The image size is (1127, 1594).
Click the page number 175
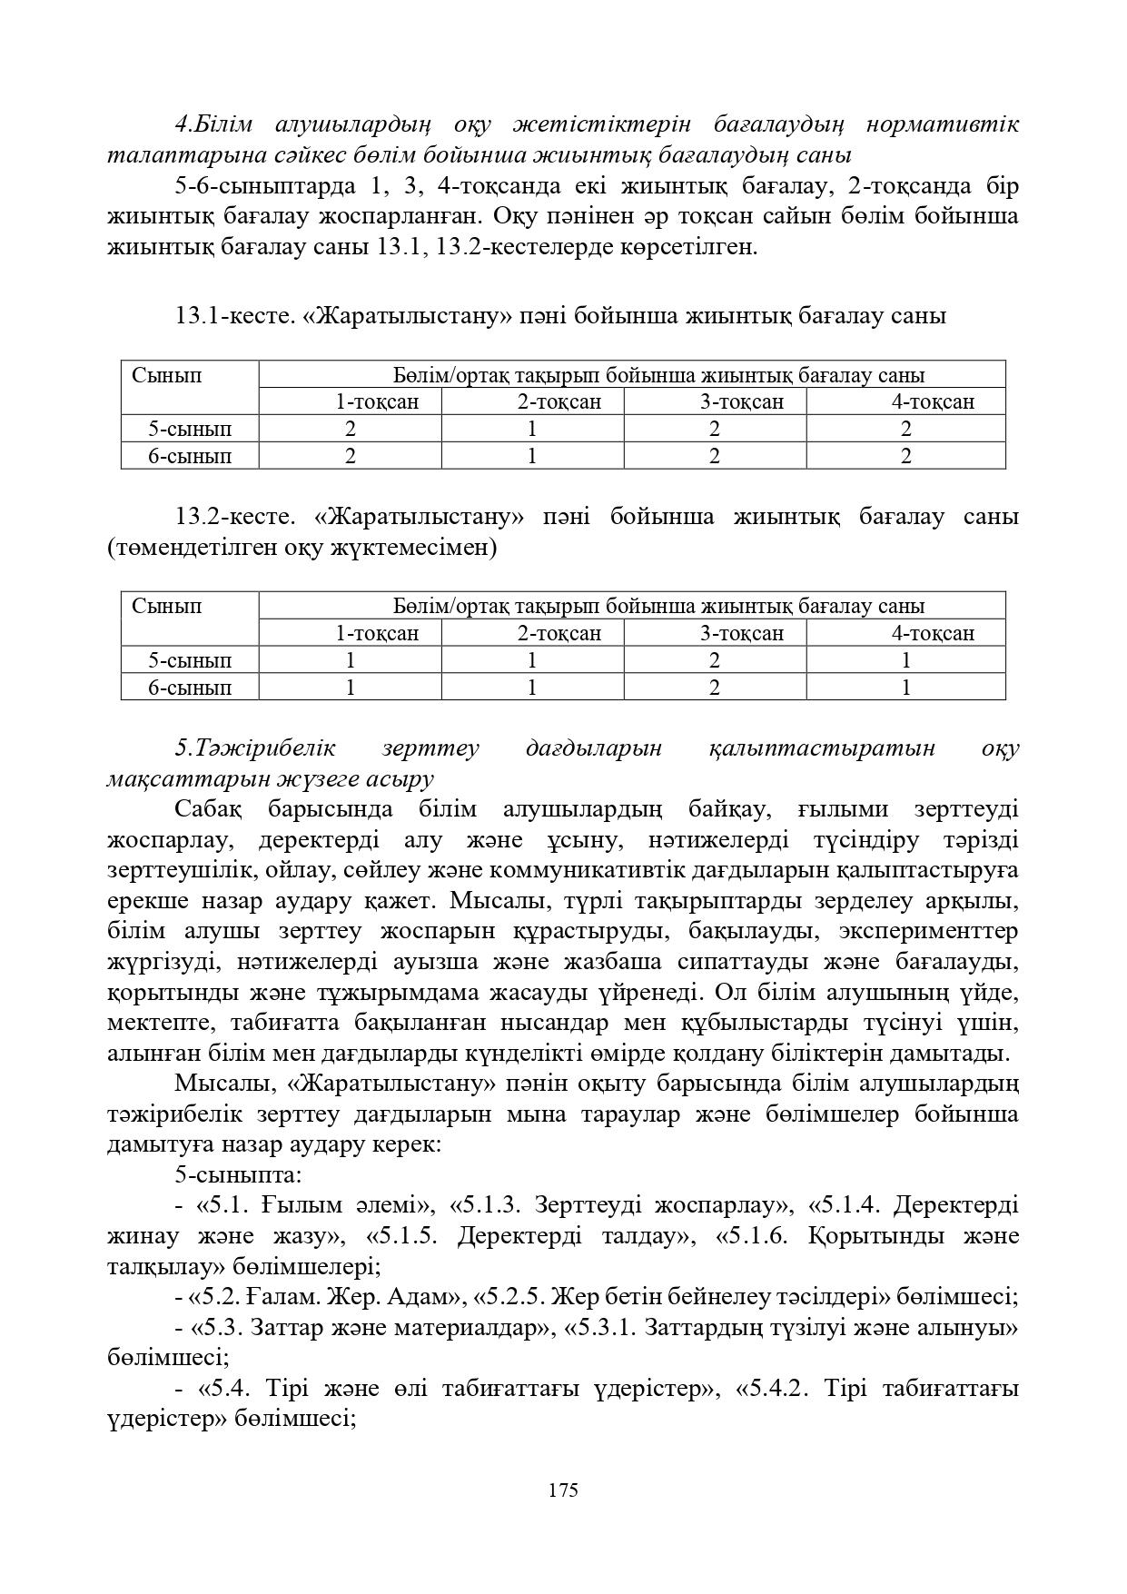pos(563,1490)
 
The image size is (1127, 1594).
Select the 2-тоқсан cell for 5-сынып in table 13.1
pos(532,429)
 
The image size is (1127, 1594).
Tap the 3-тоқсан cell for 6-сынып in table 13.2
pos(715,688)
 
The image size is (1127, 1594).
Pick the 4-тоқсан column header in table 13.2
pos(933,633)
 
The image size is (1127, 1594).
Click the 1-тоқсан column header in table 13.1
pos(377,401)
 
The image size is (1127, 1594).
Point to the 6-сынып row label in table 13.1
pos(190,456)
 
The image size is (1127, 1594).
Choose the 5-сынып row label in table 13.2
pos(190,660)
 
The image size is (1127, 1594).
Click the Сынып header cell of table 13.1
pos(167,375)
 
